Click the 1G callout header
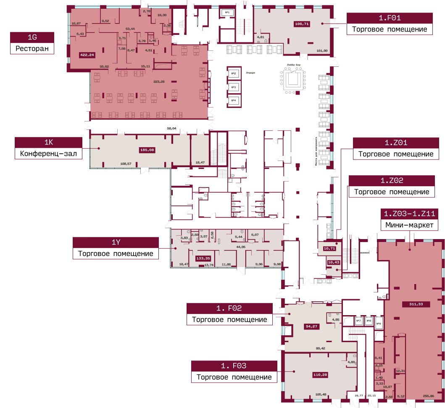32,37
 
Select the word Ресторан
32,48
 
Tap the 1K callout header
48,142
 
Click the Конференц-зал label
48,154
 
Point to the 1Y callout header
116,242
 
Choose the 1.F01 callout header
390,18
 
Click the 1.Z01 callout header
396,143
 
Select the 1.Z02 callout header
392,181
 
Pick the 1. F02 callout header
229,308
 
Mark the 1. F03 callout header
234,366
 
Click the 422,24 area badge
87,55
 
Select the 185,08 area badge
147,150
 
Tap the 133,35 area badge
203,258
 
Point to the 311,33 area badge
412,304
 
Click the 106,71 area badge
302,24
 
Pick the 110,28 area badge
320,374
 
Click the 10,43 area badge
333,262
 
